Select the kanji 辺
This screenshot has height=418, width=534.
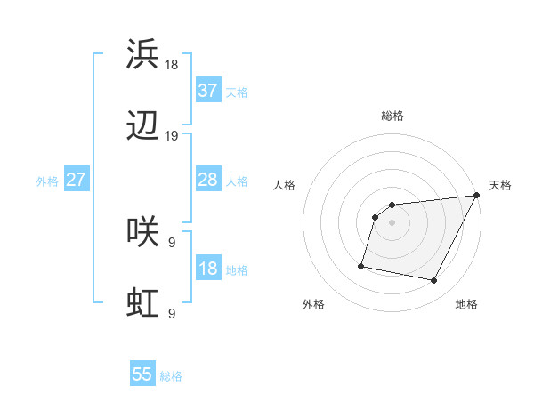(143, 127)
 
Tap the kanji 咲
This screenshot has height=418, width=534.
(143, 233)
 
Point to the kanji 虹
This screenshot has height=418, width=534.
(143, 304)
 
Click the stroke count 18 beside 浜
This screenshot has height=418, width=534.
(172, 65)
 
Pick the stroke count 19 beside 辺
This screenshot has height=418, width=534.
(172, 136)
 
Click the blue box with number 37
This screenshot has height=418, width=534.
(208, 91)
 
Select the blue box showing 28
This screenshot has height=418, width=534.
(208, 180)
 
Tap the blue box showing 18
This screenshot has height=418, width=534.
(208, 269)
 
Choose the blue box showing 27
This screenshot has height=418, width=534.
(77, 180)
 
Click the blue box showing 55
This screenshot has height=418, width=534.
(142, 374)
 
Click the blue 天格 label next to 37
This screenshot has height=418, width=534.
(237, 92)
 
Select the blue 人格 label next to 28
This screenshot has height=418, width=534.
(237, 181)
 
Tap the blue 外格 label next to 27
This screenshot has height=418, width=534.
(47, 181)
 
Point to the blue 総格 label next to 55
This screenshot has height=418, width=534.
(171, 376)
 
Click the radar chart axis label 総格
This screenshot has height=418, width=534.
(392, 116)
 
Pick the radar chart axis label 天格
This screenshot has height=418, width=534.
(500, 185)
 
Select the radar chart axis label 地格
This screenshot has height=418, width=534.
(466, 305)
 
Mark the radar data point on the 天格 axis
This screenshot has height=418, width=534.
(478, 196)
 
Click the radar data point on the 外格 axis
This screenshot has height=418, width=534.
(361, 265)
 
